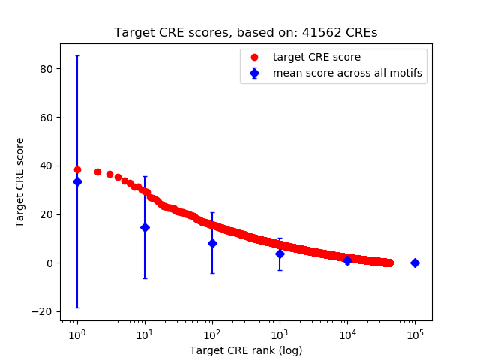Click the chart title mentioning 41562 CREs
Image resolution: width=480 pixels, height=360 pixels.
pos(245,33)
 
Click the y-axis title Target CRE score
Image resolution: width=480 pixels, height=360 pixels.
pos(20,182)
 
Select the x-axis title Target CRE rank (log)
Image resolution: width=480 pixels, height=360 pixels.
pos(246,350)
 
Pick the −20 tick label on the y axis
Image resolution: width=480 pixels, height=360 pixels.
pos(44,311)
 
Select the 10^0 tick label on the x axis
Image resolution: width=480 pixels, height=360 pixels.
pos(76,334)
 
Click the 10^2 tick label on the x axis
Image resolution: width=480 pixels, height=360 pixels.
pos(212,334)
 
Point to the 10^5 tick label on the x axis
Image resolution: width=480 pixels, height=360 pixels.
pos(415,334)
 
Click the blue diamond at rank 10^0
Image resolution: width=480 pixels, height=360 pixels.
pos(77,181)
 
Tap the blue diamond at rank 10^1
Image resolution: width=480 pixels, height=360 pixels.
pos(145,227)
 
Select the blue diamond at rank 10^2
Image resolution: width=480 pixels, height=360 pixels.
pos(212,243)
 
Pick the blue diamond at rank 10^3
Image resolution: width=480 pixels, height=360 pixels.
pos(280,253)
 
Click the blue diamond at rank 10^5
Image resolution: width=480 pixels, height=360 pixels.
pos(415,262)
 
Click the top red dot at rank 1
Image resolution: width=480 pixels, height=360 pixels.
pos(77,169)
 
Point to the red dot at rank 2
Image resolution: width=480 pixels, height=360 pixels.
pos(97,172)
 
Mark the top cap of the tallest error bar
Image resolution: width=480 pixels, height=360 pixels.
pos(77,55)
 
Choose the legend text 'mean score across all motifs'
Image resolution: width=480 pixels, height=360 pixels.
pos(347,73)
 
